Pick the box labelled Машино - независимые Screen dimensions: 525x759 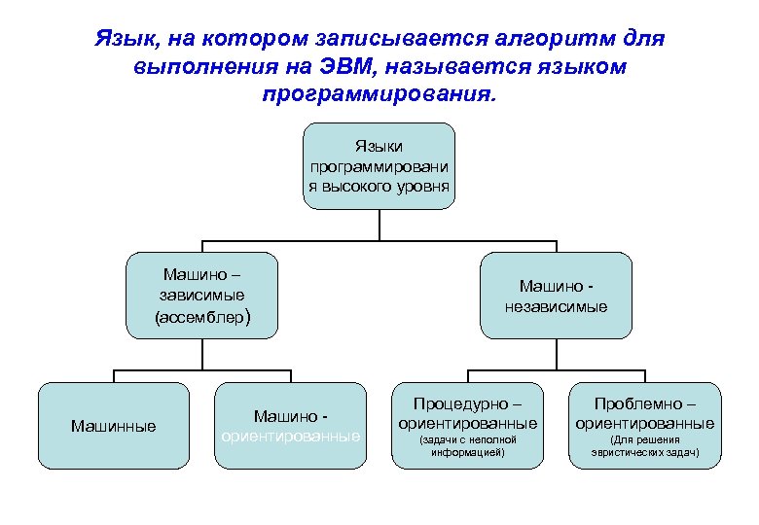coord(556,296)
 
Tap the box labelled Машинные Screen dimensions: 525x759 coord(114,425)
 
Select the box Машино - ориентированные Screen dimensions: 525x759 coord(291,425)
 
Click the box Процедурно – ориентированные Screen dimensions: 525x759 coord(467,425)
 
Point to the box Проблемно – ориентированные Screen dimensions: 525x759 coord(644,425)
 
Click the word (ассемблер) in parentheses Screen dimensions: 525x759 coord(202,317)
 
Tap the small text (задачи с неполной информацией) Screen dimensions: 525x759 coord(467,446)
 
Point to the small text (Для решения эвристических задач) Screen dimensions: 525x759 coord(644,446)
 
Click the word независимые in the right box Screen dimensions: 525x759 coord(556,307)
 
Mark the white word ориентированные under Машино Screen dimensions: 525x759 coord(291,436)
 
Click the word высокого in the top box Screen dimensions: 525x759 coord(355,185)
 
